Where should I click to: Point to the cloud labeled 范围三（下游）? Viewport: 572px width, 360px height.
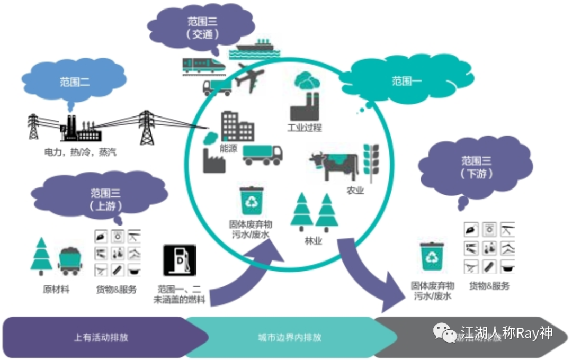tap(477, 166)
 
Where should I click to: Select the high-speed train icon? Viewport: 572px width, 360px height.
tap(203, 65)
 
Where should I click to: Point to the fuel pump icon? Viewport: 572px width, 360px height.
tap(180, 260)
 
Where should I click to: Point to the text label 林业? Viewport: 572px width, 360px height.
tap(314, 241)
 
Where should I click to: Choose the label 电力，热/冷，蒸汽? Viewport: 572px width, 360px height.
tap(80, 152)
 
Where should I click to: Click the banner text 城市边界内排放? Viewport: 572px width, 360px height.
tap(289, 337)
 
